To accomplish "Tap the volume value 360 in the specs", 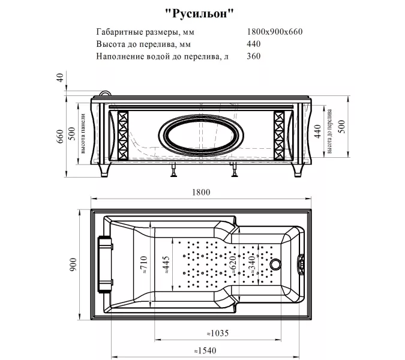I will [x=254, y=56].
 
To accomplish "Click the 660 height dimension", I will [x=60, y=137].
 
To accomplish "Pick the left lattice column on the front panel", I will [x=122, y=136].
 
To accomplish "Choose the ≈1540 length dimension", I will [x=203, y=351].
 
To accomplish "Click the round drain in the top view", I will [x=277, y=263].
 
